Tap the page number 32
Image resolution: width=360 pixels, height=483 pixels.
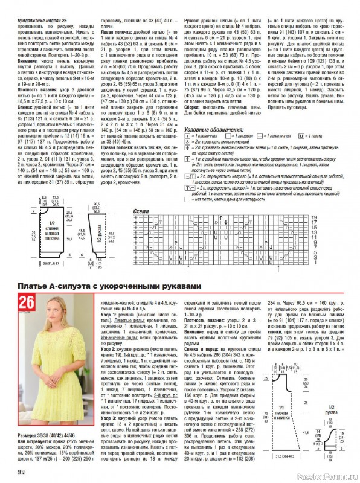coord(21,472)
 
